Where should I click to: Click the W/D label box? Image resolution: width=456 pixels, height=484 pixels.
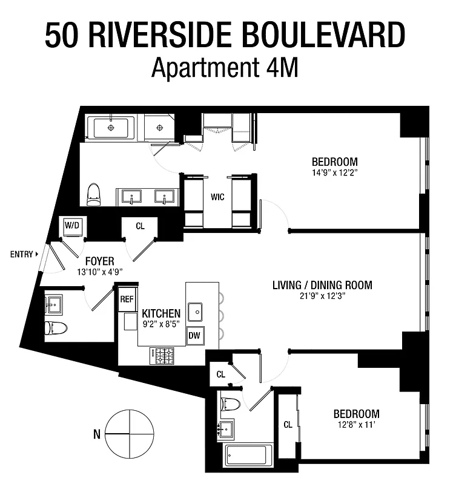point(73,226)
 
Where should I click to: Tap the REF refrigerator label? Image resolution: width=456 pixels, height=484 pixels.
point(127,299)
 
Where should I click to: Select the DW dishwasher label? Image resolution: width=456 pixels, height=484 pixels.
point(194,335)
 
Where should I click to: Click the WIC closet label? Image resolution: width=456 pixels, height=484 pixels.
point(218,197)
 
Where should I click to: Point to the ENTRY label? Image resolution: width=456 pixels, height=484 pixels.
point(21,254)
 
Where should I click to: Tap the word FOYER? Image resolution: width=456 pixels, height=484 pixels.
point(100,261)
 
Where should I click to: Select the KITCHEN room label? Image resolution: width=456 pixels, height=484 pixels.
point(160,313)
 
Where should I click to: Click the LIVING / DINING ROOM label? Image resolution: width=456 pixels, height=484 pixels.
point(322,285)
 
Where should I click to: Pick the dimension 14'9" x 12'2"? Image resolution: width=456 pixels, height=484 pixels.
point(334,172)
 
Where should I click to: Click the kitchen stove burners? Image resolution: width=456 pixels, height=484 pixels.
point(162,356)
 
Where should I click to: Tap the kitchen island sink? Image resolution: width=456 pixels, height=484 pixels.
point(195,312)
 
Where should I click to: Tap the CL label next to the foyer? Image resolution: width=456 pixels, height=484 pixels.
point(140,226)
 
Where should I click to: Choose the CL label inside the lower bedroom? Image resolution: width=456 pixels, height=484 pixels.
point(288,425)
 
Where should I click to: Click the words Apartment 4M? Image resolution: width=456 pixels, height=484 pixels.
point(225,68)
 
